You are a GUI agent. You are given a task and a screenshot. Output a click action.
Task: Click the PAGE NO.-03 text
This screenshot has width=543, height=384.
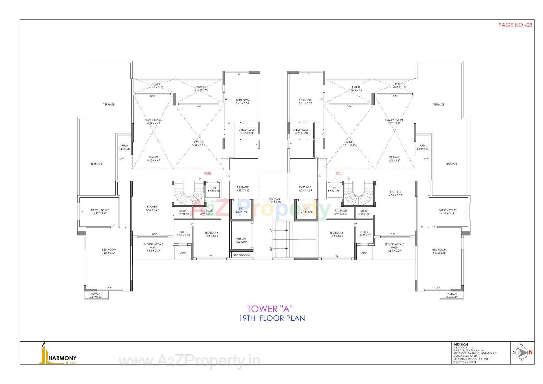tap(515, 25)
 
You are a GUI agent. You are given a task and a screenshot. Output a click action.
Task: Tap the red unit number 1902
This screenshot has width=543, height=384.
tap(207, 173)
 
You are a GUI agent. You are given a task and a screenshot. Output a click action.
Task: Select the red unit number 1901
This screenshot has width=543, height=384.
tap(339, 173)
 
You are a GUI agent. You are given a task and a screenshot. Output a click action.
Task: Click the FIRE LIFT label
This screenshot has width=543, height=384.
tap(241, 240)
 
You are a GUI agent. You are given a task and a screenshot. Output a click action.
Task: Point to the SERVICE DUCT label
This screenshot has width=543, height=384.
tap(241, 254)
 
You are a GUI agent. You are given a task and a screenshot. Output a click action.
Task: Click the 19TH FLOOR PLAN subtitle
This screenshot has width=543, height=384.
tap(272, 318)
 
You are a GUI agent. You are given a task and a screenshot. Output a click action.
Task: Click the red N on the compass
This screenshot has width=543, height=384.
tap(531, 352)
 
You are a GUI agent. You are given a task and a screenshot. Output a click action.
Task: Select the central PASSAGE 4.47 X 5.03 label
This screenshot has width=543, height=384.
tap(274, 200)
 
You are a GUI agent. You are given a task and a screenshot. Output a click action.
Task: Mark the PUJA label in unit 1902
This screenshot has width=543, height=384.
tap(125, 147)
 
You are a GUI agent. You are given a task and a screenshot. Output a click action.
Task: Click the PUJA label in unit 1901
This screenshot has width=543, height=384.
tap(423, 147)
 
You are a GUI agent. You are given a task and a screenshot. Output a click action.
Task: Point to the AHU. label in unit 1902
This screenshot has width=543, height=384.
tap(183, 253)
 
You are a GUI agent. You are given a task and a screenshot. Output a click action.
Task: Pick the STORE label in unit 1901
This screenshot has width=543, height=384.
tap(364, 212)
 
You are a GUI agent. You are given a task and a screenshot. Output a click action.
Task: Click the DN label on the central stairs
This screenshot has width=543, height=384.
tap(271, 249)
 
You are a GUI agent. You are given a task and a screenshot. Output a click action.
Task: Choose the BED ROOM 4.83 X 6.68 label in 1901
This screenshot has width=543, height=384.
tap(439, 251)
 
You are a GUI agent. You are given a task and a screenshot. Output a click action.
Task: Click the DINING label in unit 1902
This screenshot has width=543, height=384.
tap(154, 159)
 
